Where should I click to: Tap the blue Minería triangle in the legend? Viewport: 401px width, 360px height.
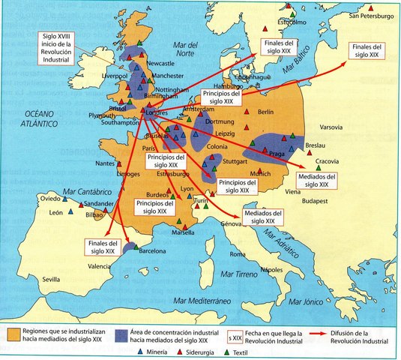[x=140, y=350]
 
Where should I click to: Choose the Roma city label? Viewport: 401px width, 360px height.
[x=238, y=254]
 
